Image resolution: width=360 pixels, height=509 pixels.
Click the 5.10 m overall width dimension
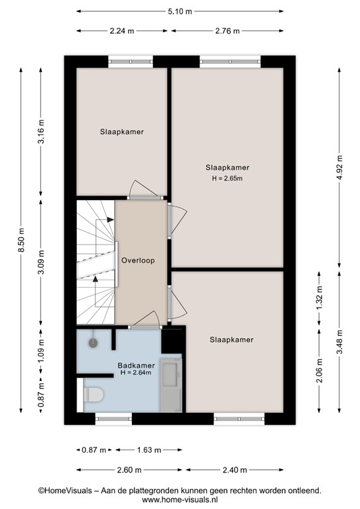coord(180,11)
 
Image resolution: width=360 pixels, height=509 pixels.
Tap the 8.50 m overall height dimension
coord(21,240)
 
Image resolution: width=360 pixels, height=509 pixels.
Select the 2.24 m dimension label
coord(122,31)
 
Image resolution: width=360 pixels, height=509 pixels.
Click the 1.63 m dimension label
coord(149,450)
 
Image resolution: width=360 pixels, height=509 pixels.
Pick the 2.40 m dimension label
coord(235,470)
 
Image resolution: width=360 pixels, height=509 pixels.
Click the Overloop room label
coord(138,260)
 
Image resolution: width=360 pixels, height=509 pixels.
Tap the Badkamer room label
coord(136,366)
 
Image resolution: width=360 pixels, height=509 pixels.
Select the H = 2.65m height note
coord(227,178)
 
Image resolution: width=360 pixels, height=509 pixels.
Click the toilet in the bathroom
coord(93,394)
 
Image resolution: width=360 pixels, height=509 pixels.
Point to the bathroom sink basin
coord(170,374)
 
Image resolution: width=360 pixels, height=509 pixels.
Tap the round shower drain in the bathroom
coord(93,343)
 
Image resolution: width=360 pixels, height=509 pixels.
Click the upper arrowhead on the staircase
coord(110,220)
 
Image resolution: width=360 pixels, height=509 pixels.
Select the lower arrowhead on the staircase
coord(95,278)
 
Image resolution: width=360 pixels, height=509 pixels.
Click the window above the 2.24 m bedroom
coord(130,62)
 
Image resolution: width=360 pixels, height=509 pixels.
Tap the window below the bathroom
coord(113,419)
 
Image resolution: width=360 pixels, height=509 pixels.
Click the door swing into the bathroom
coord(146,318)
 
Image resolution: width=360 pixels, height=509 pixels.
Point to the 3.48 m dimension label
coord(339,342)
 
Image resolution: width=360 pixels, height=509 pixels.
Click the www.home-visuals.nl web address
coord(180,499)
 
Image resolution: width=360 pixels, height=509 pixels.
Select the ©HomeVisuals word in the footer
coord(65,490)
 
